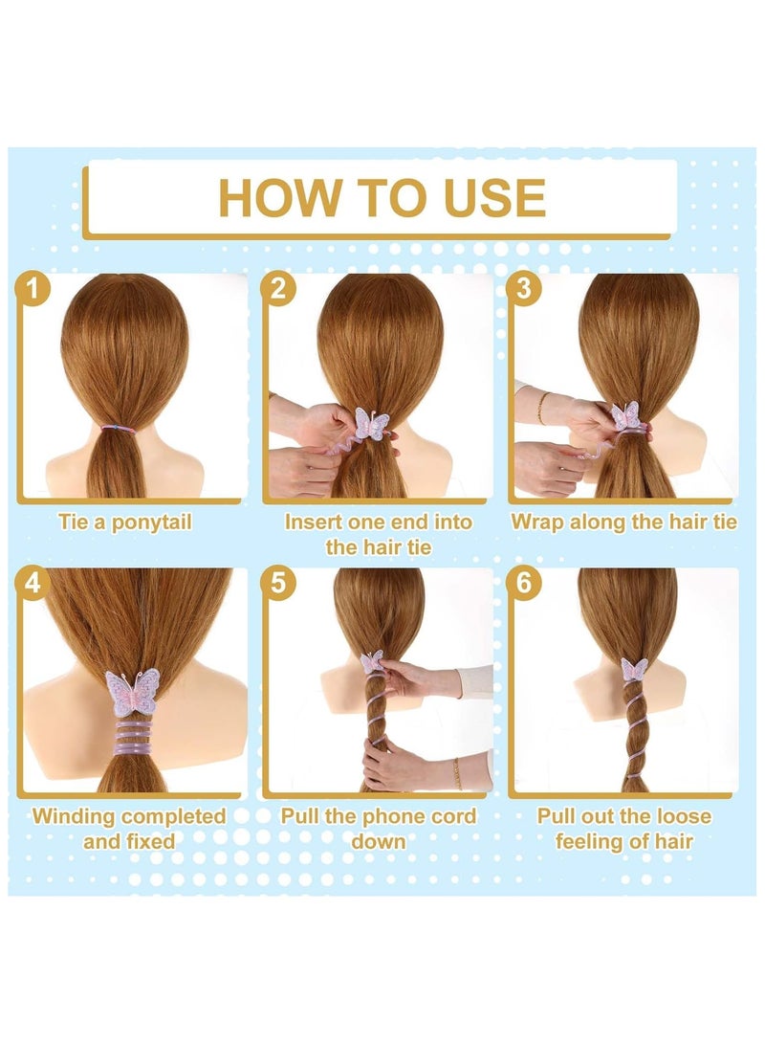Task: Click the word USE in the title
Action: (494, 198)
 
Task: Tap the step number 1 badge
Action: (32, 288)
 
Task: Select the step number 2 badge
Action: (277, 288)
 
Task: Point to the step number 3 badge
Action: (523, 288)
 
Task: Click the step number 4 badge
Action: (32, 582)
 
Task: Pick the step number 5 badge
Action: (277, 582)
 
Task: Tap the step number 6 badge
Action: (523, 582)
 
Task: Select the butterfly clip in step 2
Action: (371, 423)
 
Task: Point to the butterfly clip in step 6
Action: (634, 669)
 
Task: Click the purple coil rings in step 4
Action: (134, 738)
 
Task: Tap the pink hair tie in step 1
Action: (118, 429)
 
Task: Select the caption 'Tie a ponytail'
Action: (125, 522)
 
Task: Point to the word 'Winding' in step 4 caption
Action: (76, 816)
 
